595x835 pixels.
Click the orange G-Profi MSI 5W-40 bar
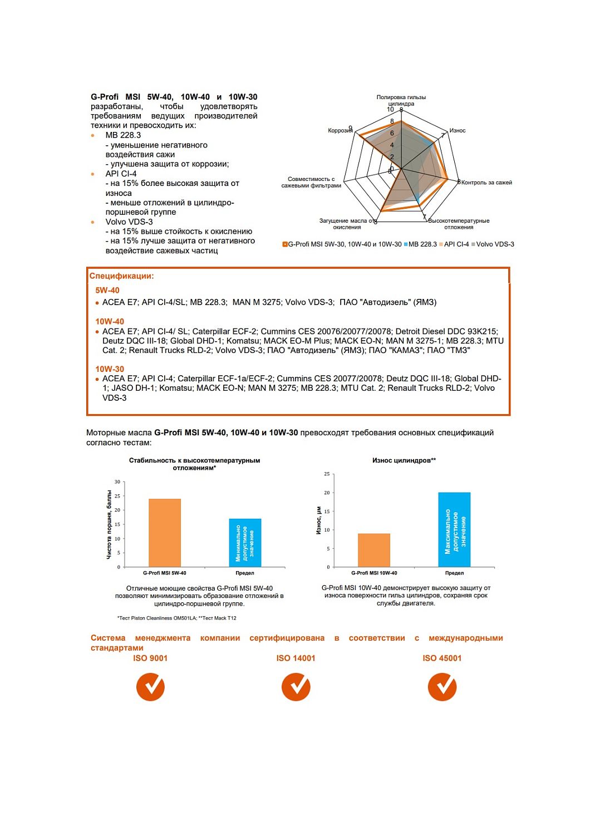pos(164,533)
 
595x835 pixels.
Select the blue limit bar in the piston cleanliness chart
pos(245,543)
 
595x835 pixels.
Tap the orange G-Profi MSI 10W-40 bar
pos(373,550)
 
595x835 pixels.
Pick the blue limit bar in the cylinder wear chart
pos(454,529)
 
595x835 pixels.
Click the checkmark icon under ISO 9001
pos(150,686)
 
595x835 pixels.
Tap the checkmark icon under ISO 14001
pos(296,686)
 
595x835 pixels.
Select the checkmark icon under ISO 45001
pos(442,686)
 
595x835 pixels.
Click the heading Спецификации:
pos(121,276)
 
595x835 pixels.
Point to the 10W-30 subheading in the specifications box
pos(110,369)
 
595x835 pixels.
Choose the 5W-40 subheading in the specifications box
pos(107,291)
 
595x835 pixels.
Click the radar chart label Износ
pos(458,131)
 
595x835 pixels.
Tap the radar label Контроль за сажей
pos(486,183)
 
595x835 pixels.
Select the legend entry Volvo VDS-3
pos(495,244)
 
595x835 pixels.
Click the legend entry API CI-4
pos(456,244)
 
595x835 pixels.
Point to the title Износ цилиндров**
pos(404,460)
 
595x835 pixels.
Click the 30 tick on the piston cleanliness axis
pos(117,482)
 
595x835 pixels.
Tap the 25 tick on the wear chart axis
pos(327,474)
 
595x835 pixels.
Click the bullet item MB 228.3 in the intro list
pos(123,135)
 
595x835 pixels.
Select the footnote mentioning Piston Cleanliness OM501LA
pos(176,618)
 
